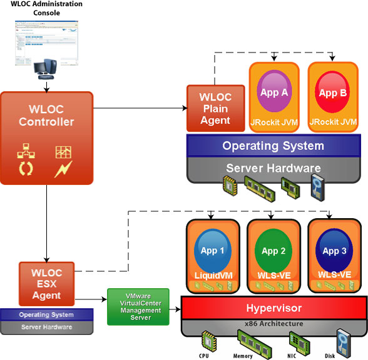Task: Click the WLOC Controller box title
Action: [x=46, y=115]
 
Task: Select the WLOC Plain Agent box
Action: [x=215, y=109]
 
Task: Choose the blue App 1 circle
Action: [x=213, y=251]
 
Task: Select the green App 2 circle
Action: [x=273, y=251]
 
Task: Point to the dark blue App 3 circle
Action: [x=334, y=251]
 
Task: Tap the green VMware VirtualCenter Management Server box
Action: [x=138, y=306]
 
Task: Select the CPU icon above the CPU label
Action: [x=206, y=341]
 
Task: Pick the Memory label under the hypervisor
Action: [x=243, y=356]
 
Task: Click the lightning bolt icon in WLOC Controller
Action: [x=63, y=169]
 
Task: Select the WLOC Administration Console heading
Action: [x=47, y=9]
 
